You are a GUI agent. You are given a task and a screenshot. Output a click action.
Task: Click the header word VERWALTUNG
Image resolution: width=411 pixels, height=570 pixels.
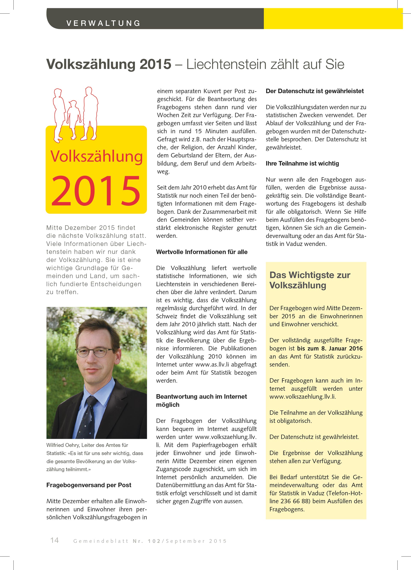pos(103,23)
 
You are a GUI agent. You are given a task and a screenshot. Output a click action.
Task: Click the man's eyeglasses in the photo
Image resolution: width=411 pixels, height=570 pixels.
pos(94,352)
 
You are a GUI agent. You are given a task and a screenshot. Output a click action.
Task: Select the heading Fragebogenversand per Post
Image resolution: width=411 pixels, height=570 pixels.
pos(89,485)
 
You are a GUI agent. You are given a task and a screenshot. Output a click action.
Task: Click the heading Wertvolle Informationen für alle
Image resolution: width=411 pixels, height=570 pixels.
pos(202,252)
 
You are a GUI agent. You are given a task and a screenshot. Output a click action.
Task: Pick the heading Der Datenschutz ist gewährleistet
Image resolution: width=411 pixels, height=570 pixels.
pos(315,91)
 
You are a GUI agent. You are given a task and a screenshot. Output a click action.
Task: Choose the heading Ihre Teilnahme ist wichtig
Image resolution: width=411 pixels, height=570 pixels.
pos(302,163)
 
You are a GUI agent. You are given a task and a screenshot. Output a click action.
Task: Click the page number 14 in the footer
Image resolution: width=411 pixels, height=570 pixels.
pos(55,540)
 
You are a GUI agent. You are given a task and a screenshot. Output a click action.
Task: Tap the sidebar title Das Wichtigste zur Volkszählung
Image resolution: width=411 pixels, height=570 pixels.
pos(310,280)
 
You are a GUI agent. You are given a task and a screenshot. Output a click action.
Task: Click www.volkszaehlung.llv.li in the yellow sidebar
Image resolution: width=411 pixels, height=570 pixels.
pos(302,397)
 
